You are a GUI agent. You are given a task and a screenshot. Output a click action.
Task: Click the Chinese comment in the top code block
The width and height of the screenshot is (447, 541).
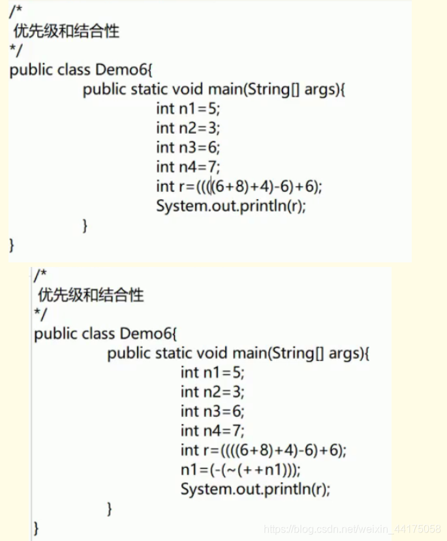tap(65, 30)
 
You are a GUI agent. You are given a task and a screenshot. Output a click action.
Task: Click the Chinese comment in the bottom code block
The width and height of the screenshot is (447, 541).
tap(90, 295)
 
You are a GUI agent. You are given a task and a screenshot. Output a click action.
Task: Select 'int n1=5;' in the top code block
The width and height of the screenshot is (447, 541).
tap(188, 108)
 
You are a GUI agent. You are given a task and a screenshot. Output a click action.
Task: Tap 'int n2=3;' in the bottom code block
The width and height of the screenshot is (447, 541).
tap(213, 392)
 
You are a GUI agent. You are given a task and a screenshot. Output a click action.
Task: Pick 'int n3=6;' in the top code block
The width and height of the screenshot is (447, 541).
tap(188, 147)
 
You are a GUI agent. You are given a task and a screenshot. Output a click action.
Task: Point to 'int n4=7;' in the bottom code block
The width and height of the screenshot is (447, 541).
tap(213, 431)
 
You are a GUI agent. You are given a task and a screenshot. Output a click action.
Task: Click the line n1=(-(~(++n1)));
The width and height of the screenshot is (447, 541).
tap(241, 470)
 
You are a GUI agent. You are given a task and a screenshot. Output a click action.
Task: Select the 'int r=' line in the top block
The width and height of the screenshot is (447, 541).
tap(239, 187)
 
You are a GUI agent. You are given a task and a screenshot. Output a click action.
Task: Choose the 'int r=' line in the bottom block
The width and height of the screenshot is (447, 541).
tap(263, 450)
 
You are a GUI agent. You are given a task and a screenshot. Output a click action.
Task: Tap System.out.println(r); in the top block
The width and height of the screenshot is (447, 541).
tap(231, 206)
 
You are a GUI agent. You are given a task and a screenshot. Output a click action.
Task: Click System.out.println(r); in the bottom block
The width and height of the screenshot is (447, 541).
tap(255, 489)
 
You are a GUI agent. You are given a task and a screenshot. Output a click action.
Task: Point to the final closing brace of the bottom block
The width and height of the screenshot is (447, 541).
tap(37, 527)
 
